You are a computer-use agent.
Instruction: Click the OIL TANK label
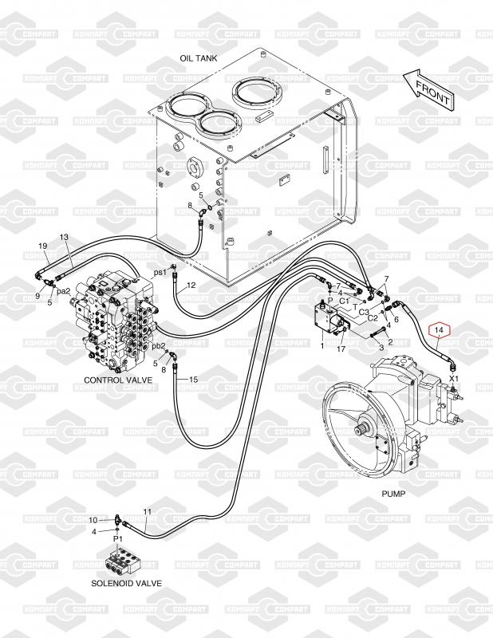pos(199,58)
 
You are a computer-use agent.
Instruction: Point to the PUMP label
pos(393,494)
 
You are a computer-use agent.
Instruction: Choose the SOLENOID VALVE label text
pos(126,583)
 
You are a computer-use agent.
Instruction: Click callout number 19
pos(43,246)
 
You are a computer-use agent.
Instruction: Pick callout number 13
pos(65,238)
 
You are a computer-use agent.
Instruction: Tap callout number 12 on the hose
pos(191,286)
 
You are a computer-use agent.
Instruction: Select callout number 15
pos(192,380)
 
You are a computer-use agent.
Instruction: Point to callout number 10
pos(93,520)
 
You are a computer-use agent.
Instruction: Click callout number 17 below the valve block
pos(341,348)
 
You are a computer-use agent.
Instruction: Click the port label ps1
pos(160,272)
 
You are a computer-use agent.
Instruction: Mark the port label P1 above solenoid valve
pos(117,540)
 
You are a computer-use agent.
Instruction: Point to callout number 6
pos(396,319)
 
